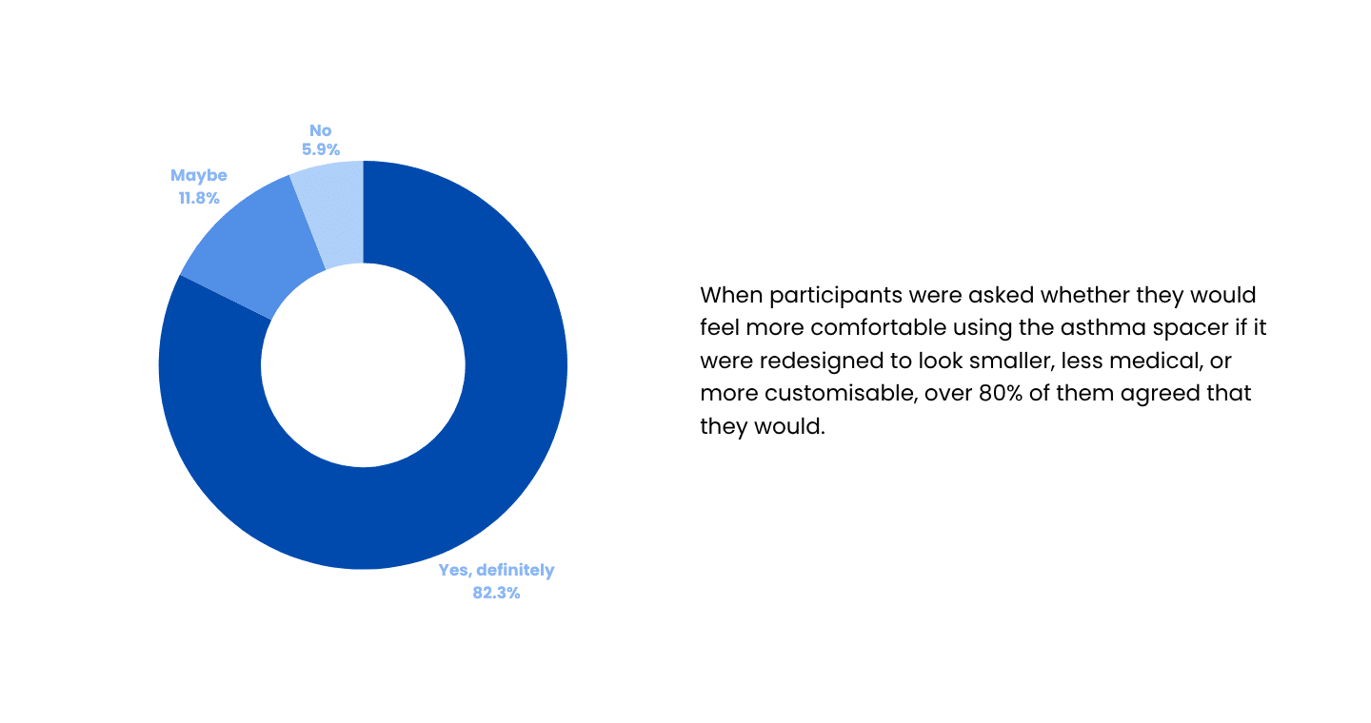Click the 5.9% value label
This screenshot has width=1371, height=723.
(x=321, y=148)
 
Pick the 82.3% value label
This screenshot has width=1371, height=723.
(x=496, y=594)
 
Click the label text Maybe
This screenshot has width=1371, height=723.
(x=199, y=176)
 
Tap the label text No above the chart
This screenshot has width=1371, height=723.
(x=321, y=129)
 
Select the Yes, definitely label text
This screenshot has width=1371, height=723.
(x=496, y=571)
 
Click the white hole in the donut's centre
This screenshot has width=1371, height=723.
(x=363, y=365)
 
